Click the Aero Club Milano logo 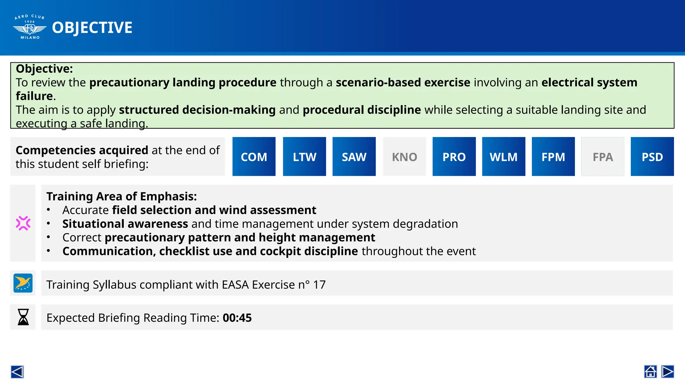coord(30,27)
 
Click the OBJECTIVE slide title coord(92,27)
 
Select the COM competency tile coord(254,156)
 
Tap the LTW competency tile coord(304,156)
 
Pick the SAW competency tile coord(354,156)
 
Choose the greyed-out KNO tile coord(404,156)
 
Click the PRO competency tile coord(454,156)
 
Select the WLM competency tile coord(503,156)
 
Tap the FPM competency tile coord(553,156)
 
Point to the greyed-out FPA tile coord(603,156)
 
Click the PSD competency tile coord(652,156)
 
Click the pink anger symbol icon coord(23,223)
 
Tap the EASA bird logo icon coord(23,283)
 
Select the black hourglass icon coord(23,317)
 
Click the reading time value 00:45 coord(237,318)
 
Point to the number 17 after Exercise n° coord(319,284)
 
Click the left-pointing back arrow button coord(17,372)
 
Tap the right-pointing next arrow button coord(668,372)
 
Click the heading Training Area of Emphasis coord(121,196)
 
